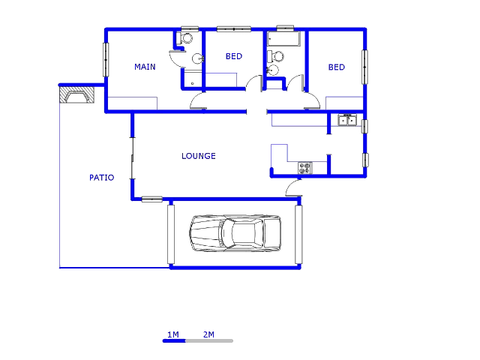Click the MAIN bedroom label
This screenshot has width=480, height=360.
[145, 67]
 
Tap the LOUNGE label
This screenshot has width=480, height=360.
[199, 156]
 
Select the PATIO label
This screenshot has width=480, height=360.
[102, 178]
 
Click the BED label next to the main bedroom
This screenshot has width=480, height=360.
[234, 56]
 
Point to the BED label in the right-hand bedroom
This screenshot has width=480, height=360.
[337, 67]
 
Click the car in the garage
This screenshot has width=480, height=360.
[235, 233]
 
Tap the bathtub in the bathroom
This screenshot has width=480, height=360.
[283, 39]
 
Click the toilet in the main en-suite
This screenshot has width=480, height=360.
[184, 38]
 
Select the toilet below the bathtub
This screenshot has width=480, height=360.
[275, 56]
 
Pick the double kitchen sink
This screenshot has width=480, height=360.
[347, 120]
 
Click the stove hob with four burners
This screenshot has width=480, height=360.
[305, 168]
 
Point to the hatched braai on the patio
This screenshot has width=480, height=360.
[76, 94]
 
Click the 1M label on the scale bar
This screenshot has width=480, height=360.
[173, 334]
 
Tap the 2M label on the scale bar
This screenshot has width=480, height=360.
[208, 334]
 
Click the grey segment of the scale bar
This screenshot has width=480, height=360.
[209, 340]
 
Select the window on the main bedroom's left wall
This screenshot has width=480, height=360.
[106, 60]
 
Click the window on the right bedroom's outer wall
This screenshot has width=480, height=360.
[365, 67]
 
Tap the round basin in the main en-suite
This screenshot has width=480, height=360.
[198, 58]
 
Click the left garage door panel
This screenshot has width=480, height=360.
[171, 235]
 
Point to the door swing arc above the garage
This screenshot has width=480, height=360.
[292, 187]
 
